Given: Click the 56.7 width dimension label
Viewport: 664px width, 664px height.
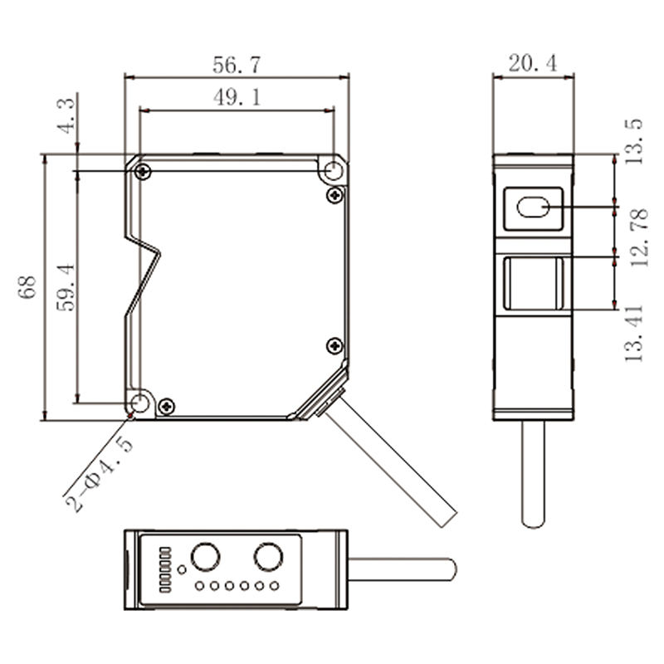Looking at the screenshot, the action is pos(237,65).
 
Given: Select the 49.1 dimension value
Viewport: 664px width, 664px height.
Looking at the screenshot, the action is pos(237,97).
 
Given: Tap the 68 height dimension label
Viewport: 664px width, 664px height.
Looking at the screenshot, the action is pos(27,287).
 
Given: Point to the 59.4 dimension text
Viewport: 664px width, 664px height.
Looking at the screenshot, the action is pos(66,287).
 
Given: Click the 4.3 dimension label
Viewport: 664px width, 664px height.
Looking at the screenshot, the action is pos(66,115).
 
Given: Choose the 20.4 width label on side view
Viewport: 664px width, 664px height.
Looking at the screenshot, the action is pos(533,64).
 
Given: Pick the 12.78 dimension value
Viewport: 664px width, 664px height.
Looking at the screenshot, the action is pos(639,237).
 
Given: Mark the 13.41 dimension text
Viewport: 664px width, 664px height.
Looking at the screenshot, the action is pos(634,334).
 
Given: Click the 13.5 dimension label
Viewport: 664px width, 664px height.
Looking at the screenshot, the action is pos(634,142).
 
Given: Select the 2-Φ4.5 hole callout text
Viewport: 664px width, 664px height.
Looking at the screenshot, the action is pos(99,474).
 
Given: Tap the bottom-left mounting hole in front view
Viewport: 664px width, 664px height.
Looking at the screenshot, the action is pos(140,403).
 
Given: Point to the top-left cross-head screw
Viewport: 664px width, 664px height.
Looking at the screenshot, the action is pos(143,172).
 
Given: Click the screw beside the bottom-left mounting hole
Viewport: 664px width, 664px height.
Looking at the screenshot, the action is pos(167,407).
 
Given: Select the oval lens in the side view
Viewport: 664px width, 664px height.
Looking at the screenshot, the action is pos(533,207).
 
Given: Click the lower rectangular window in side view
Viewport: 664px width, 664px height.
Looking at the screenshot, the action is pos(533,283).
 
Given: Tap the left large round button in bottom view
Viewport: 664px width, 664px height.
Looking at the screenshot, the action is pos(205,556).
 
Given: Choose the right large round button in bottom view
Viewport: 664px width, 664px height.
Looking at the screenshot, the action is pos(268,556).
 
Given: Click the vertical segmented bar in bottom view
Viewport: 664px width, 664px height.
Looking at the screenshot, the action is pos(165,569).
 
